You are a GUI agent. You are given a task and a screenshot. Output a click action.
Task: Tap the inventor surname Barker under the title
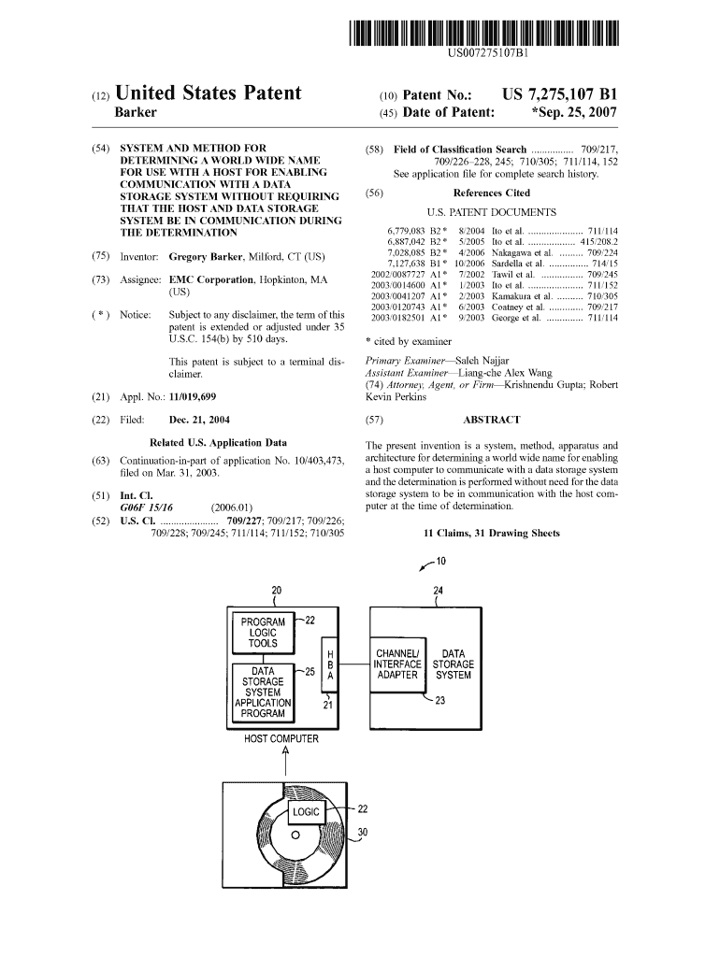click(x=135, y=113)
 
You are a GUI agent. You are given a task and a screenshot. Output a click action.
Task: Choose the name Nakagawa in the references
click(x=524, y=252)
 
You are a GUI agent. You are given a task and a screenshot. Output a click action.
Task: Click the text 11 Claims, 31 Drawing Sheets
click(x=491, y=534)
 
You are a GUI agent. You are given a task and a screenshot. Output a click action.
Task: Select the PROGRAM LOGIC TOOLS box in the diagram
click(x=263, y=633)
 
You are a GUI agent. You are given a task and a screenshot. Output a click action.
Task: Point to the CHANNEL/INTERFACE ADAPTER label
click(x=399, y=664)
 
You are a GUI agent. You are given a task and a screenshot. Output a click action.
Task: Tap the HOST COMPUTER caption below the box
click(x=281, y=739)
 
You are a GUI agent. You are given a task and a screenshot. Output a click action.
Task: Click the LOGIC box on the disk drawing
click(x=307, y=812)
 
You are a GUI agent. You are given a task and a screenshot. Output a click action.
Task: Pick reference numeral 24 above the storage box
click(x=439, y=591)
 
